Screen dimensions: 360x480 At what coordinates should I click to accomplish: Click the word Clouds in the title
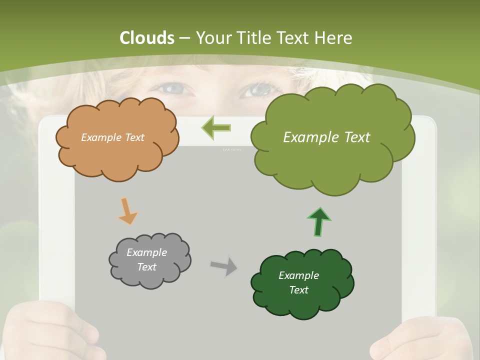point(147,38)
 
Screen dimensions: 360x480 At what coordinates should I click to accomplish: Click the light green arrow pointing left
point(216,128)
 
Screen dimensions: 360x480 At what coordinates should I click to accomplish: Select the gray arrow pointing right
point(224,265)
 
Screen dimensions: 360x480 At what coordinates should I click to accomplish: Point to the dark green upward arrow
point(319,221)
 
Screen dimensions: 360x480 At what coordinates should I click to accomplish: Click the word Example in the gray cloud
point(146,252)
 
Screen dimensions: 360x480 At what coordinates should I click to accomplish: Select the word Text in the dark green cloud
point(298,290)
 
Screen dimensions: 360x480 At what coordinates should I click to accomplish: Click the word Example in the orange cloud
point(99,137)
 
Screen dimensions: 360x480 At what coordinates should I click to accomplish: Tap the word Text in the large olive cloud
point(352,137)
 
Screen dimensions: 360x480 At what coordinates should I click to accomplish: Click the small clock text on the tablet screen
point(231,149)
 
